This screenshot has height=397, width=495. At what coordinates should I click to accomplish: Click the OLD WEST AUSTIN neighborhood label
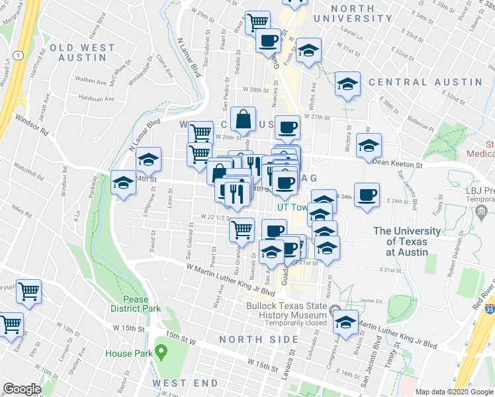point(77,53)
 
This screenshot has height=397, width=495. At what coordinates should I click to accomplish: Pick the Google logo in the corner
point(22,389)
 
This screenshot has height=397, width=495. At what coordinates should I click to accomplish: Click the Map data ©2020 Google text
point(454,392)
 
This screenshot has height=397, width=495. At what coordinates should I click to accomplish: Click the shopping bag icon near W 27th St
point(244,120)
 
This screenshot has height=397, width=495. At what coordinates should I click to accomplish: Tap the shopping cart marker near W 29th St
point(257,22)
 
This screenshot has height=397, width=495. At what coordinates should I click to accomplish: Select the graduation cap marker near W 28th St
point(347,84)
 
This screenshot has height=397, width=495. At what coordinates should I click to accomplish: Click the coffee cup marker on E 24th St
point(367,195)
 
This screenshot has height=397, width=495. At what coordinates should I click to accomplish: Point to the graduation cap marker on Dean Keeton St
point(369,146)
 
